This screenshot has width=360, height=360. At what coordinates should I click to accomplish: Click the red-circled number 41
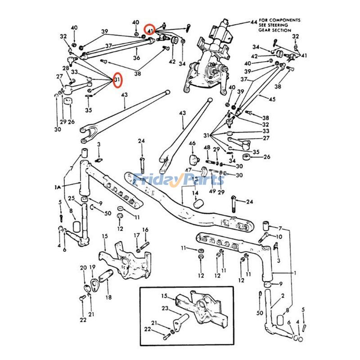coord(150,30)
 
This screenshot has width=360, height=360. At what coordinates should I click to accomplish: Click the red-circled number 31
coord(117,81)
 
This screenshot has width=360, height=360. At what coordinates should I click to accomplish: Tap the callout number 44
coord(254,22)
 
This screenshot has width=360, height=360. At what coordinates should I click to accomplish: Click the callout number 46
coord(192,144)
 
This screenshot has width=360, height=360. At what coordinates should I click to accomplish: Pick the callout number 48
coord(207,148)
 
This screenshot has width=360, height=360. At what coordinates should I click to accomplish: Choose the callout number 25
coord(71,198)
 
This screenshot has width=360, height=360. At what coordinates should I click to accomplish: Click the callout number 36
coord(136,58)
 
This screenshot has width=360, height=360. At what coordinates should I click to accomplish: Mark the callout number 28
coord(66,68)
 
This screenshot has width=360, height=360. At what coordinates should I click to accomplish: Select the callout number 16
coord(145,230)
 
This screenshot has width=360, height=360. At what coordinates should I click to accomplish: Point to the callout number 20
coord(83,268)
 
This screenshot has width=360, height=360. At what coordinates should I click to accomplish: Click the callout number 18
coord(108,297)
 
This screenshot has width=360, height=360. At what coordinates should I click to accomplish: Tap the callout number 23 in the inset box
coord(165,308)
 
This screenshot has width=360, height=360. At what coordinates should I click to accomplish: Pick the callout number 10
coord(279,237)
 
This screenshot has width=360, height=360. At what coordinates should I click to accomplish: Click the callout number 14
coord(195,193)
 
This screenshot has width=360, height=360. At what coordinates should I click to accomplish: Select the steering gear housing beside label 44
coord(211,58)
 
